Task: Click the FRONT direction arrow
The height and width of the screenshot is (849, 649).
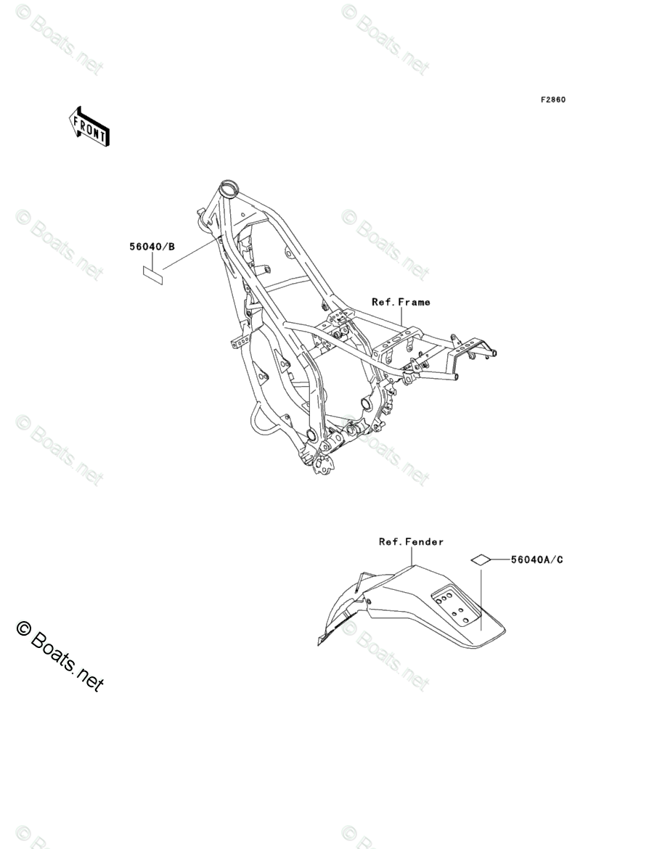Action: [89, 126]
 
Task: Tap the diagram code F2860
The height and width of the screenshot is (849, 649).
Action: [552, 99]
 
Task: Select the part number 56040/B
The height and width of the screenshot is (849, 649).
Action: [152, 247]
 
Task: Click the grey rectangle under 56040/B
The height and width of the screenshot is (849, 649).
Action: [152, 273]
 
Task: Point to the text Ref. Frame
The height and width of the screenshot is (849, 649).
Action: [401, 302]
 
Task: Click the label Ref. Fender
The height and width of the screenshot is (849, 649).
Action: [411, 541]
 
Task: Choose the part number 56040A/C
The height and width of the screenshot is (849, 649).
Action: [536, 559]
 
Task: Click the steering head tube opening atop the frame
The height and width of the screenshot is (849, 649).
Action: [229, 190]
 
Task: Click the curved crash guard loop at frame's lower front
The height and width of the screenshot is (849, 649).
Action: [261, 424]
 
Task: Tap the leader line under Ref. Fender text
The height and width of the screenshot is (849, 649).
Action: [412, 555]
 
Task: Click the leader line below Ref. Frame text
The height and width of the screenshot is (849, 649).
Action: [401, 316]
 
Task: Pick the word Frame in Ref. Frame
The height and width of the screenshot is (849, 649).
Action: [415, 302]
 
